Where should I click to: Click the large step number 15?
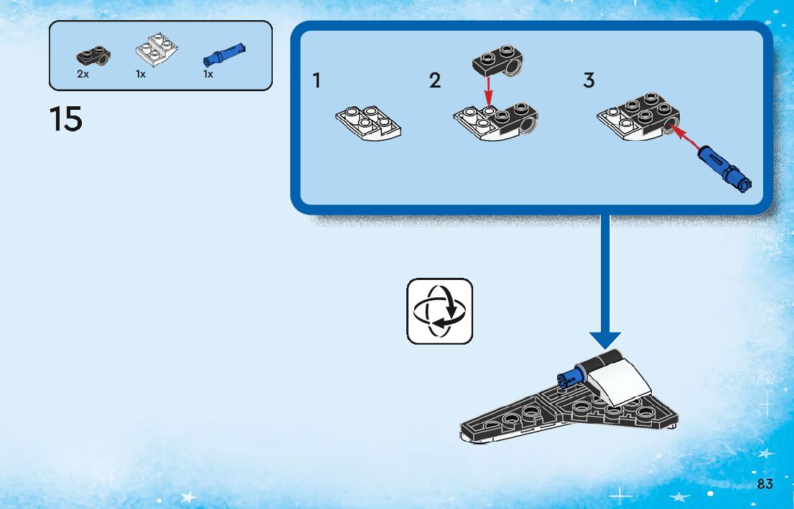tap(66, 119)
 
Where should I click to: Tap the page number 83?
tap(765, 484)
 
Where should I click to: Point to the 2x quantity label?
tap(83, 74)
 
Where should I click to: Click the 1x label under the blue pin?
tap(208, 74)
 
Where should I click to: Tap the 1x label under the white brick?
tap(141, 74)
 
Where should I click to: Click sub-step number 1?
tap(317, 81)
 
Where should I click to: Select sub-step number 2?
tap(435, 81)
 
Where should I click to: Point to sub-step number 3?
tap(589, 81)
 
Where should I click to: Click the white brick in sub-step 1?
tap(368, 123)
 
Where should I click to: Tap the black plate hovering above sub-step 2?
tap(498, 61)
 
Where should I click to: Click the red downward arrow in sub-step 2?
tap(488, 92)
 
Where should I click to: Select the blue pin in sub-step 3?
tap(726, 167)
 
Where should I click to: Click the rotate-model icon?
tap(440, 311)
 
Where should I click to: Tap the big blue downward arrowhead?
tap(605, 341)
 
